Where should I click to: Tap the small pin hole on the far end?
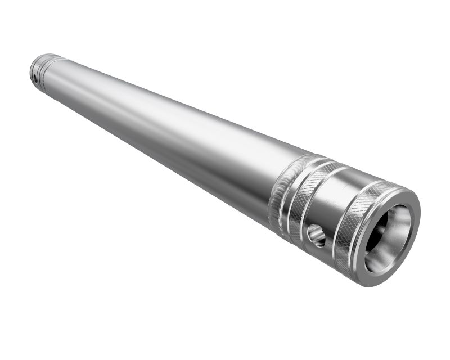coord(34,76)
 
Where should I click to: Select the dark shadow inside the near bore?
coord(378,231)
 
